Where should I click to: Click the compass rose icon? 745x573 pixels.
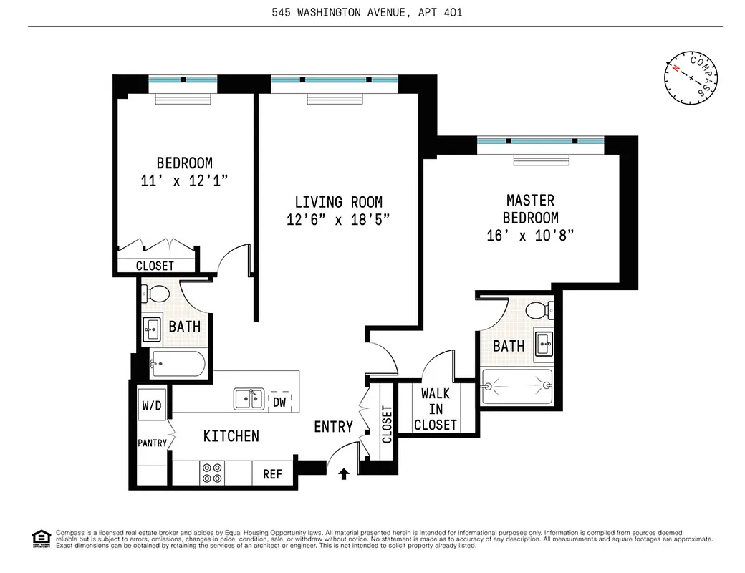pos(691,77)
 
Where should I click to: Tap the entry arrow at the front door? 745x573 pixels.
pos(344,473)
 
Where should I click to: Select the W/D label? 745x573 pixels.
pos(152,405)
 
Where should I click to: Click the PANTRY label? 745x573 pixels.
pos(152,443)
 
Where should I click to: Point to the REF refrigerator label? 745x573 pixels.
pos(272,473)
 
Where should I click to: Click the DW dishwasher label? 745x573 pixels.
pos(279,402)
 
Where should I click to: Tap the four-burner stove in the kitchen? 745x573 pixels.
pos(211,473)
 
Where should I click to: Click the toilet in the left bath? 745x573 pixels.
pos(155,294)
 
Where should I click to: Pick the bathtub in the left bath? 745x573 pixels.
pos(178,364)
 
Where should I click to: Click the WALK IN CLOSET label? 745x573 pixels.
pos(435,409)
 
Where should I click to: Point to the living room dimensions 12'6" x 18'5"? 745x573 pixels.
pos(338,220)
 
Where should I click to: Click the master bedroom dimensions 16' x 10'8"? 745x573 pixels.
pos(530,234)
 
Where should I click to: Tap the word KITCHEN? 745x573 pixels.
pos(231,435)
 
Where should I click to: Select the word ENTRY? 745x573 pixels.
pos(333,427)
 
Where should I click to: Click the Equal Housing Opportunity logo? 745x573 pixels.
pos(42,538)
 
